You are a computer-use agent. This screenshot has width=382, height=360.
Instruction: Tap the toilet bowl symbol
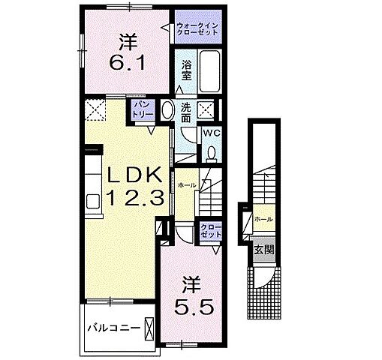point(211,153)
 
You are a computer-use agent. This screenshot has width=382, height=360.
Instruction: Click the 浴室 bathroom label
point(187,70)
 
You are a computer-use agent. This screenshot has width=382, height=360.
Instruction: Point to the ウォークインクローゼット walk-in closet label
point(197,32)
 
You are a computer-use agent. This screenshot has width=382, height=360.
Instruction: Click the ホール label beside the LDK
point(188,184)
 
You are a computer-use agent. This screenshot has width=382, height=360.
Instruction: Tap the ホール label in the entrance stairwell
point(263,219)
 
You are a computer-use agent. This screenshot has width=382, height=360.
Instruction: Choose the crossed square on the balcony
point(151,328)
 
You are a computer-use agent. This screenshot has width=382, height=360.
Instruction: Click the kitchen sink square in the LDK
point(94,201)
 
